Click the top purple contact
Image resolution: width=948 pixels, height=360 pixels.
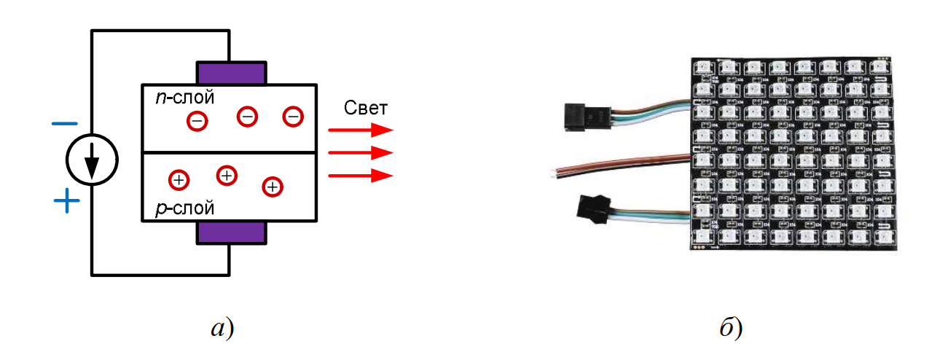[230, 73]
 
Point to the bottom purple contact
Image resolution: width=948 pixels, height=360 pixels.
[230, 233]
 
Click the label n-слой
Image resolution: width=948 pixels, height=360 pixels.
[185, 98]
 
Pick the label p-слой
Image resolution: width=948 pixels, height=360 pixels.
[185, 209]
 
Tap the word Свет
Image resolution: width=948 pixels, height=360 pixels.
[365, 109]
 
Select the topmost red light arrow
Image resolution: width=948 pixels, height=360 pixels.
[360, 130]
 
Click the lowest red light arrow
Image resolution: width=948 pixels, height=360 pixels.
[360, 175]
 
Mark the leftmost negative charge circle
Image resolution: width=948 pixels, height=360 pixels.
[197, 120]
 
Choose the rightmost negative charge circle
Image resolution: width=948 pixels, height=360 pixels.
[293, 117]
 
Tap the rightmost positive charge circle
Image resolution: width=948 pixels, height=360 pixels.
[273, 187]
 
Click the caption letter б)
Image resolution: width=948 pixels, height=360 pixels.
[730, 328]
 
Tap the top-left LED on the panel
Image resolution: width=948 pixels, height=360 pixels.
[705, 67]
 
